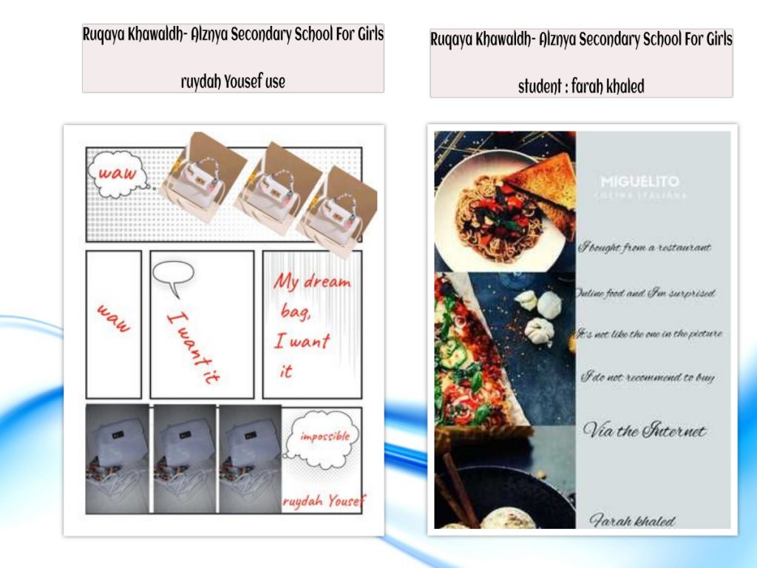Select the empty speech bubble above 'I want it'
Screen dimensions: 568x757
173,276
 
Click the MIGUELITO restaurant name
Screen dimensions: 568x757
639,182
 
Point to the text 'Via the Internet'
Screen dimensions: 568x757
644,430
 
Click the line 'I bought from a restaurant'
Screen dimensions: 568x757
644,248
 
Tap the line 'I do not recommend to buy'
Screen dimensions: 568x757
647,377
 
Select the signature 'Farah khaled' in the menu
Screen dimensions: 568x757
633,521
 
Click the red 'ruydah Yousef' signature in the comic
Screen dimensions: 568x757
323,501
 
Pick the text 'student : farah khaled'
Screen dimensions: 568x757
581,87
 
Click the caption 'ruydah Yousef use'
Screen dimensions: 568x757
233,81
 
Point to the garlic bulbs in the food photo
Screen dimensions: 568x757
540,314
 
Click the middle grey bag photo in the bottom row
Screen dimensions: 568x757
186,459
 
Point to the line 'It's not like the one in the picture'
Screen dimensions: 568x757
648,334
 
